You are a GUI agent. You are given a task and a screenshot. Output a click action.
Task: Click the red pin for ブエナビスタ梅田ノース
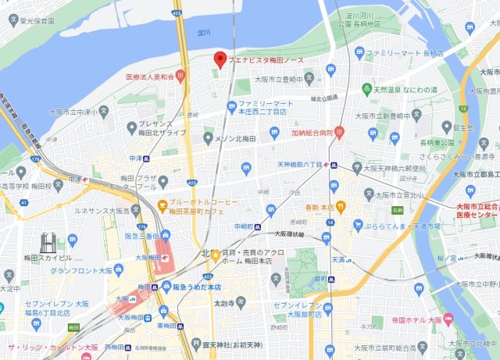(x=220, y=59)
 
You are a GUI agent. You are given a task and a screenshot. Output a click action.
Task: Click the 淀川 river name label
(x=204, y=33)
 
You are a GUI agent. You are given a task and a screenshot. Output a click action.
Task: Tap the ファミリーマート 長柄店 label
(x=405, y=54)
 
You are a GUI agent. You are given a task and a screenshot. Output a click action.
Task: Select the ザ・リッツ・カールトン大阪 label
(x=52, y=348)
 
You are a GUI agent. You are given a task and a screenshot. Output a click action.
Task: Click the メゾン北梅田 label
(x=239, y=138)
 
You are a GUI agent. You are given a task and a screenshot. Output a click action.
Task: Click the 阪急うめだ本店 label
(x=197, y=287)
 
